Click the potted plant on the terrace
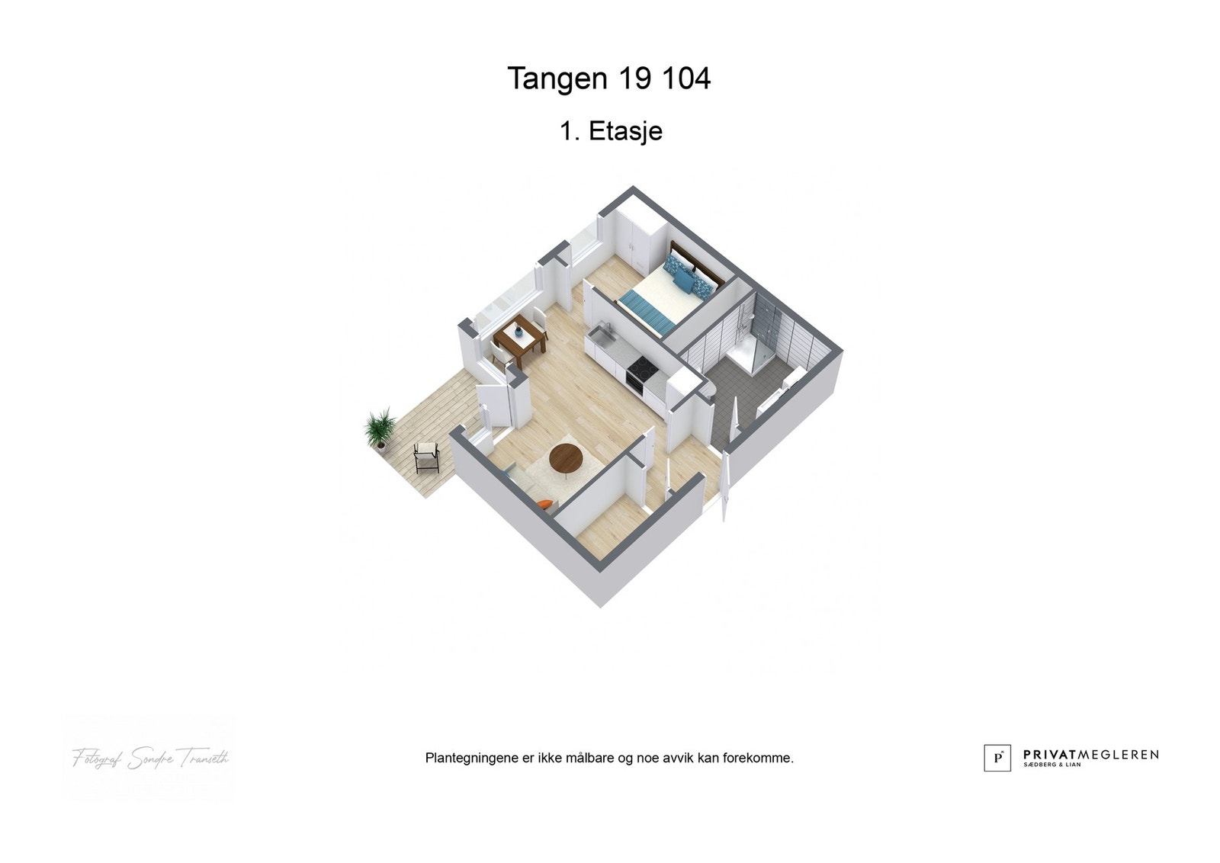point(380,428)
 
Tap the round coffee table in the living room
point(566,457)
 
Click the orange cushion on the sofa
point(544,503)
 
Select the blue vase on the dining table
point(519,331)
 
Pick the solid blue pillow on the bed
point(685,282)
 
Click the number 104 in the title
point(685,79)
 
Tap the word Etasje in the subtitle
point(625,131)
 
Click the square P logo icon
point(997,758)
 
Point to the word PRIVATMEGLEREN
point(1090,755)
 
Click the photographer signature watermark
point(150,759)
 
